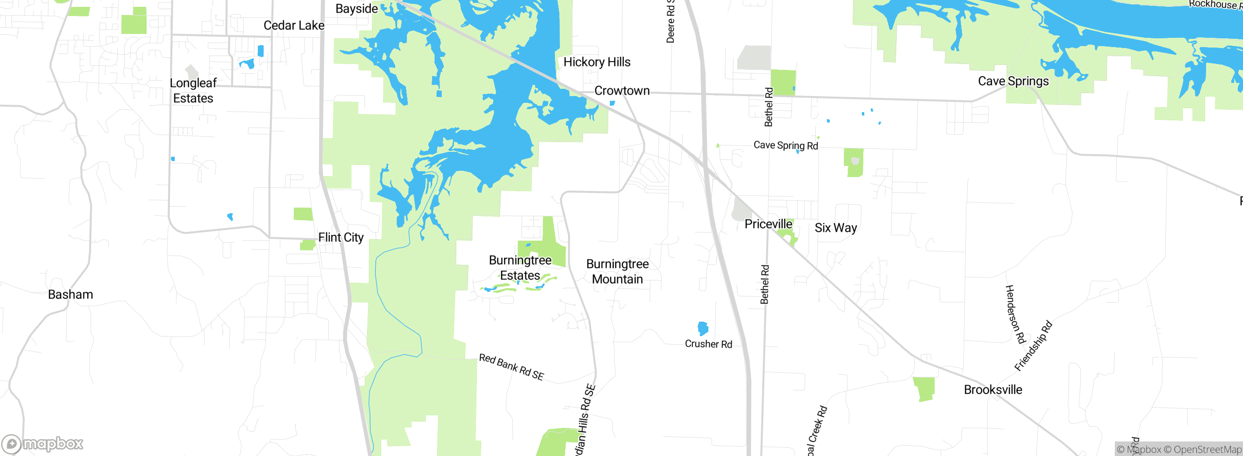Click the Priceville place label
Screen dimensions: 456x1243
click(x=768, y=224)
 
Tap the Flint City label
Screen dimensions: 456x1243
click(x=341, y=238)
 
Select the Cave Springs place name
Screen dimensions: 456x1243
click(x=1013, y=81)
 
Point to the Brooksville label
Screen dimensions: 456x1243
click(x=993, y=390)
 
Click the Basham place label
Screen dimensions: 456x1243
click(x=70, y=294)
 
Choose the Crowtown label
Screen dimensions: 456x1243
click(x=622, y=91)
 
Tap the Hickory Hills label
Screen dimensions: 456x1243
click(x=597, y=62)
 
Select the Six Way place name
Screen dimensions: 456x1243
click(x=836, y=228)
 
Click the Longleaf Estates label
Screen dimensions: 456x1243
click(x=193, y=91)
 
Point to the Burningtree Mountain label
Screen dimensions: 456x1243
click(x=617, y=272)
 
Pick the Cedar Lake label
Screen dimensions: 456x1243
click(x=294, y=25)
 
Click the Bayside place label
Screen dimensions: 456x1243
click(x=356, y=9)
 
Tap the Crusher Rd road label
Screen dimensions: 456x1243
click(x=708, y=344)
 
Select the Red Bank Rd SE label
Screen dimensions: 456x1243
click(x=511, y=367)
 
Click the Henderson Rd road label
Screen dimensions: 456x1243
click(x=1015, y=314)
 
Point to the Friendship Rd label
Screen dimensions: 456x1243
click(x=1033, y=346)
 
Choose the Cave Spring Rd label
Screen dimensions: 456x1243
click(x=786, y=145)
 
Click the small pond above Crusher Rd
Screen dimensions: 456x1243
click(x=703, y=328)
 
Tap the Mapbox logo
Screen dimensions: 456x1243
click(x=43, y=444)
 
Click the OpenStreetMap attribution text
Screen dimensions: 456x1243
click(x=1202, y=450)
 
